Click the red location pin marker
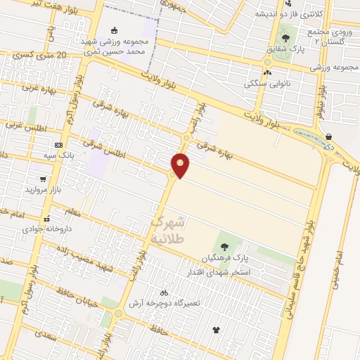click(181, 165)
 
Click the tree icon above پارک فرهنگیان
click(224, 246)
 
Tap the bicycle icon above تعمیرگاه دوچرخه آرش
click(164, 292)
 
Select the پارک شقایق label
click(285, 49)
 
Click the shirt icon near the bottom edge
click(215, 329)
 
